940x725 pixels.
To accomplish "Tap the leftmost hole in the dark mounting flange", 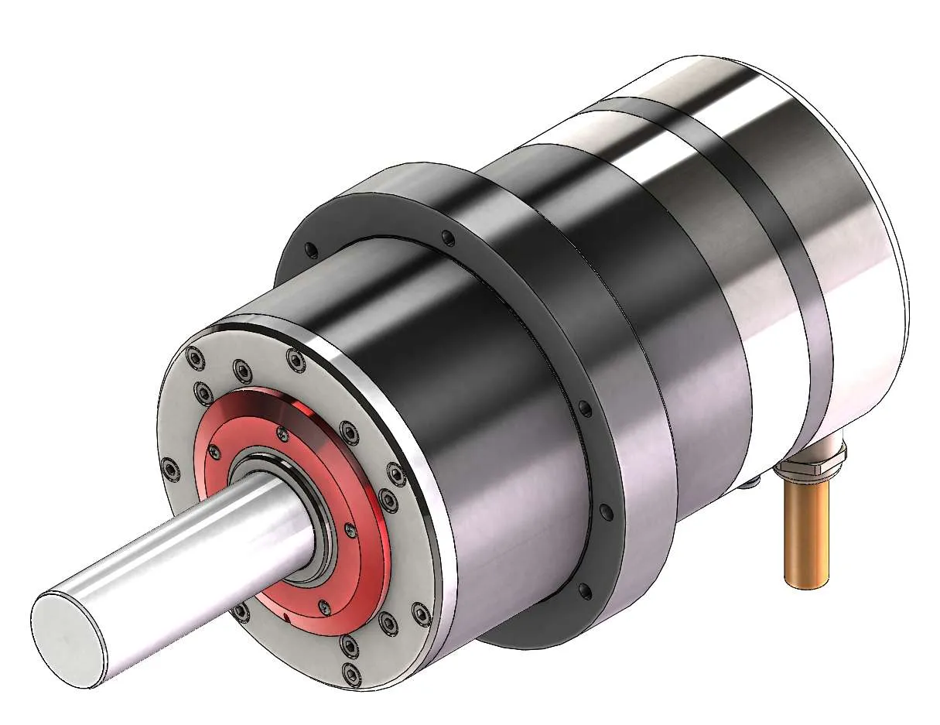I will [310, 249].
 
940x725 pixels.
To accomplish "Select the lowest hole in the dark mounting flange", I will [584, 592].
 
